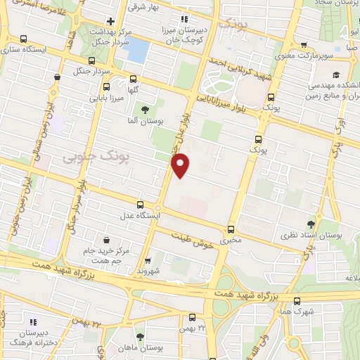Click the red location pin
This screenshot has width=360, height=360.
(181, 166)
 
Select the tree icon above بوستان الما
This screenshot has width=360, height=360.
(145, 110)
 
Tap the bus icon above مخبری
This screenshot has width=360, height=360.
(231, 229)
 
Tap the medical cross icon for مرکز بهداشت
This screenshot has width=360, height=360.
(110, 22)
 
